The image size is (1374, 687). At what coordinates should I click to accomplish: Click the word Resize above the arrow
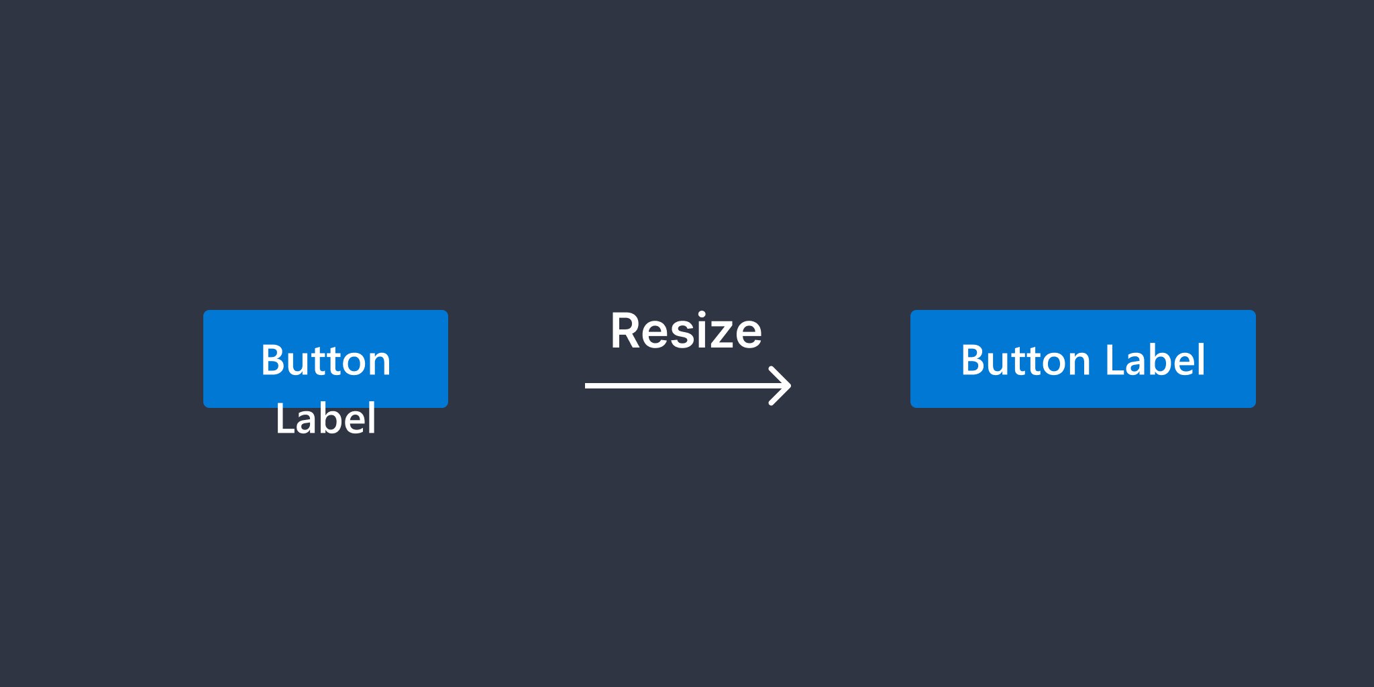pyautogui.click(x=686, y=331)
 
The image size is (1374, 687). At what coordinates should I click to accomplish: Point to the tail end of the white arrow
pyautogui.click(x=586, y=386)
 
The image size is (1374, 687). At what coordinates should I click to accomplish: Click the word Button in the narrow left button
pyautogui.click(x=325, y=360)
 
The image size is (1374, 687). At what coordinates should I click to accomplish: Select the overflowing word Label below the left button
pyautogui.click(x=325, y=419)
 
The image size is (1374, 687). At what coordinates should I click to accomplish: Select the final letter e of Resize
pyautogui.click(x=747, y=335)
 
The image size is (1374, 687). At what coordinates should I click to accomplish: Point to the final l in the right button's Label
pyautogui.click(x=1202, y=360)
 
